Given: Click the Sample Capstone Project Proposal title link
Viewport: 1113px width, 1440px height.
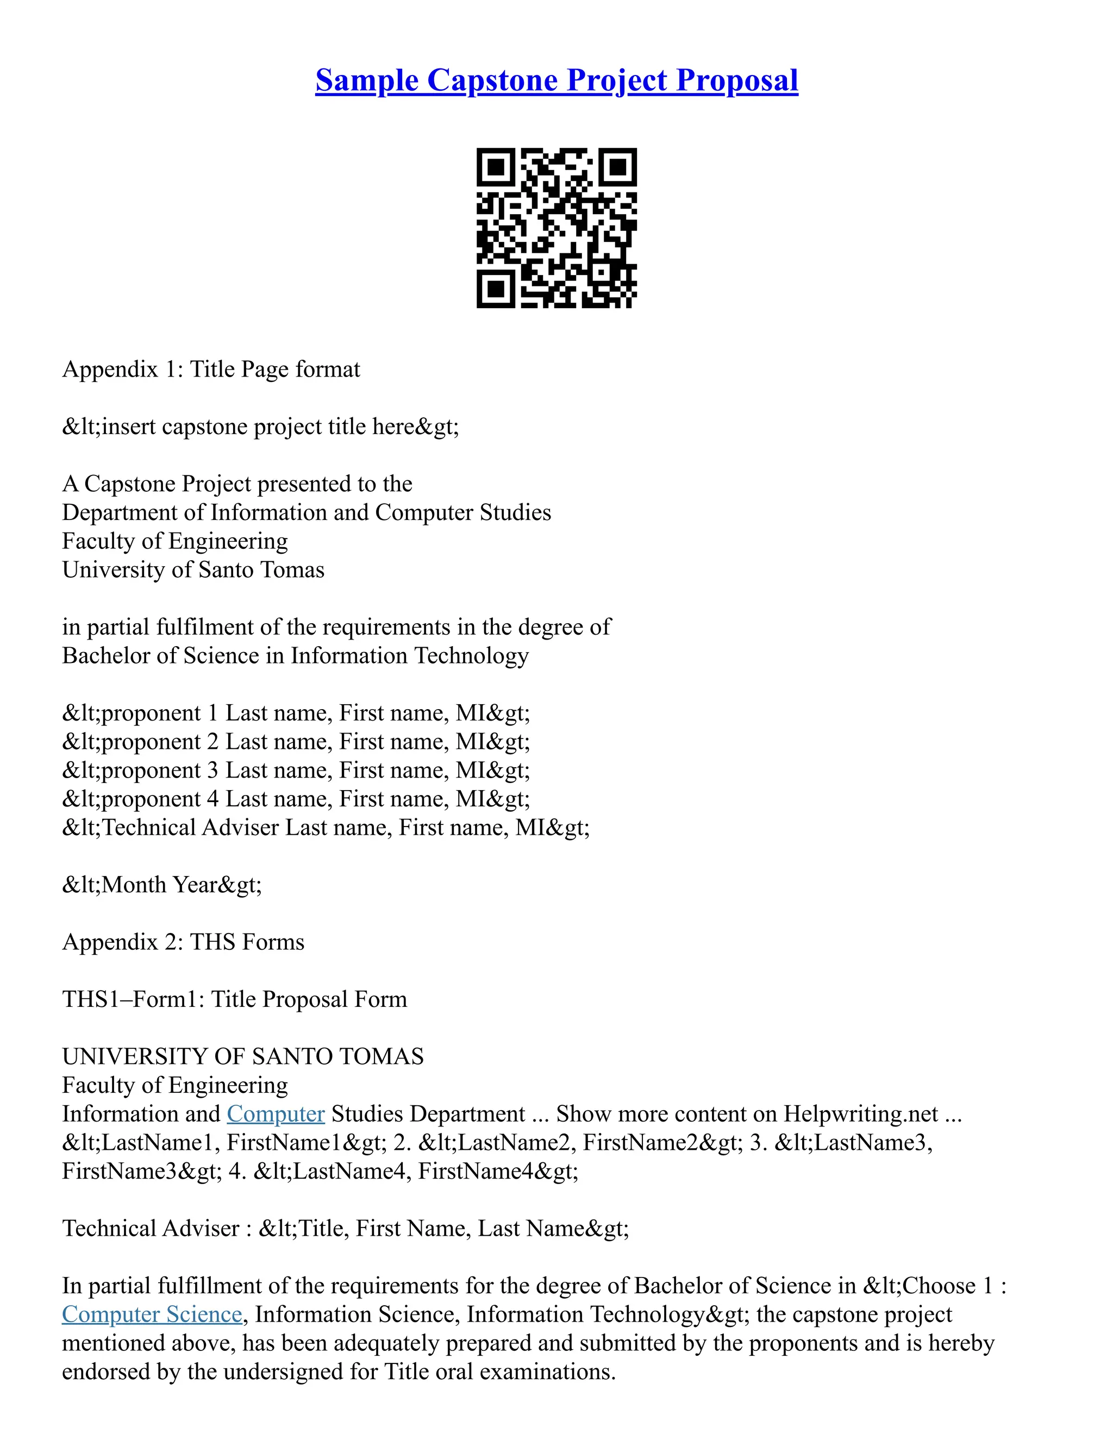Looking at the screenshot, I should [x=556, y=80].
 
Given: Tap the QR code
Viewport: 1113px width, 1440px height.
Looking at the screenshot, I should [x=556, y=228].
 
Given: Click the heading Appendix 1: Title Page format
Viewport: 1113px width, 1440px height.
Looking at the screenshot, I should [x=211, y=369].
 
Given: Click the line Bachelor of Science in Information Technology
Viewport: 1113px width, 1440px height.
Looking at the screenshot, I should [x=296, y=656].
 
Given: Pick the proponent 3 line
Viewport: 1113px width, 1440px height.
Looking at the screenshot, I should [x=296, y=770].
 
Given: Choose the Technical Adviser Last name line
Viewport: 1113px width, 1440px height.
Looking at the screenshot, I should [x=326, y=828].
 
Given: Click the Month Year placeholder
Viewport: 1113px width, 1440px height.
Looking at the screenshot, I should [x=162, y=885].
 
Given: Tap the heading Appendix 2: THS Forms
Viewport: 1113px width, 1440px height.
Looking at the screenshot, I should [x=183, y=942].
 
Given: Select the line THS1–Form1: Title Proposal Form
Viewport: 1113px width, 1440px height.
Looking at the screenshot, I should [x=235, y=999].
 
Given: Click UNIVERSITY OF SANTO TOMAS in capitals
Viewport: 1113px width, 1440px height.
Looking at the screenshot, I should [x=242, y=1057].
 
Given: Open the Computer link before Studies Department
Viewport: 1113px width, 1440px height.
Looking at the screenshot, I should [x=276, y=1115].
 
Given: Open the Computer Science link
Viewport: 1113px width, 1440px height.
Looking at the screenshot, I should [x=152, y=1314].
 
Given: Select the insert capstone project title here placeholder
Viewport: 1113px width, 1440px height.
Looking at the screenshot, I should [x=260, y=427].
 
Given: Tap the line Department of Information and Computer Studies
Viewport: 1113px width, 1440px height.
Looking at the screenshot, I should [x=307, y=512].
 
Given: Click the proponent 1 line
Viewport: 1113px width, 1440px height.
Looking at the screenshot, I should [x=296, y=713].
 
